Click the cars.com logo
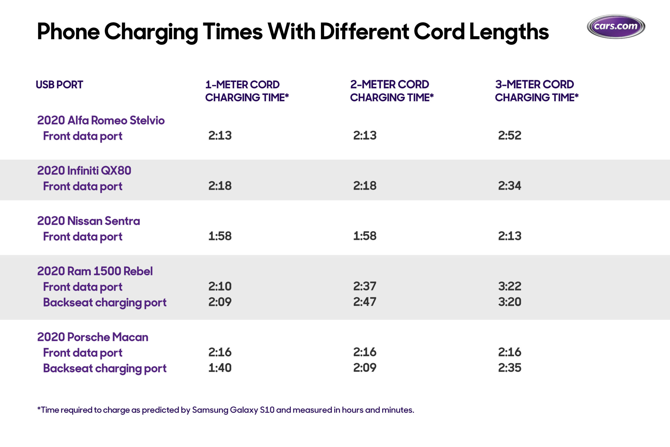(616, 26)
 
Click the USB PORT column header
(59, 85)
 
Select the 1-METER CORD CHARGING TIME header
(247, 91)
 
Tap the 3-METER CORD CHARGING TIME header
(537, 91)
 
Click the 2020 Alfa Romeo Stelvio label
(101, 120)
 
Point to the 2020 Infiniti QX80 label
(84, 170)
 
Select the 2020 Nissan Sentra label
(89, 221)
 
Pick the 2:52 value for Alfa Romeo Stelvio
(510, 135)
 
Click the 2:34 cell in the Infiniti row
(510, 186)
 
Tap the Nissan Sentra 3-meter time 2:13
(510, 236)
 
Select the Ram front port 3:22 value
(510, 286)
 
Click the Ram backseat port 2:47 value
(365, 302)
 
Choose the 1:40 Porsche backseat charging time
(220, 368)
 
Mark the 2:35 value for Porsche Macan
(510, 368)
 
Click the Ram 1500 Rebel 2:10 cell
(220, 286)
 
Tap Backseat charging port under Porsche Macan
(104, 368)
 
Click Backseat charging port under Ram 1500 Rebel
(104, 302)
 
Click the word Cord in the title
(439, 31)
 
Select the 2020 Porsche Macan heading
(93, 337)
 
